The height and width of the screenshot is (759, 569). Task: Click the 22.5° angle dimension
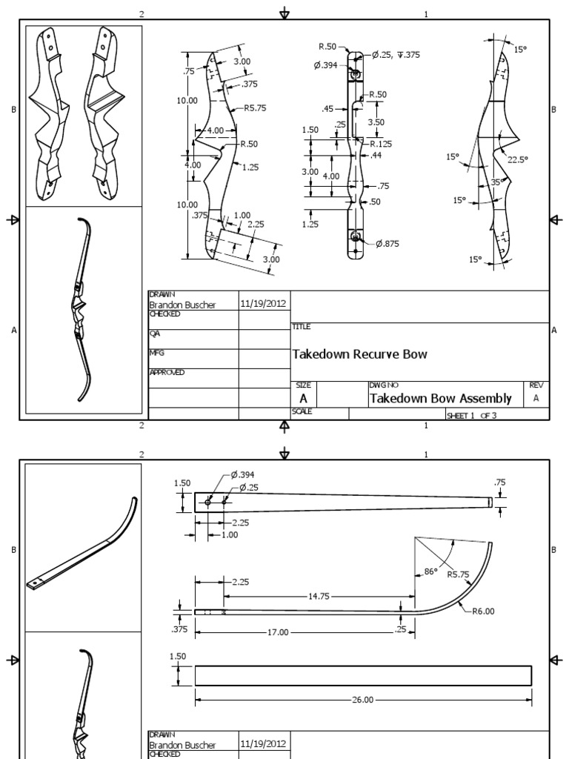pyautogui.click(x=516, y=159)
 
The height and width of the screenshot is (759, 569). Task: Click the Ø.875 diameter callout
pyautogui.click(x=388, y=245)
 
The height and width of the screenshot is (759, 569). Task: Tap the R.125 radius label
pyautogui.click(x=380, y=144)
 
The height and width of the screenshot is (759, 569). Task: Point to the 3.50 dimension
pyautogui.click(x=376, y=122)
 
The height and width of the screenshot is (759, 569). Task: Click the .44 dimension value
pyautogui.click(x=376, y=156)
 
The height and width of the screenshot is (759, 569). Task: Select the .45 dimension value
pyautogui.click(x=329, y=109)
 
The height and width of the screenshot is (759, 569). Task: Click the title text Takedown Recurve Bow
pyautogui.click(x=360, y=355)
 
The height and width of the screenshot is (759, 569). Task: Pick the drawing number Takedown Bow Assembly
pyautogui.click(x=441, y=399)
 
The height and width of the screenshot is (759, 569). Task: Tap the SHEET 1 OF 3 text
pyautogui.click(x=471, y=416)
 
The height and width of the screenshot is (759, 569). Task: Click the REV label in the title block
pyautogui.click(x=536, y=385)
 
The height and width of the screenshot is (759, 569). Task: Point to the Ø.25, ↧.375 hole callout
pyautogui.click(x=395, y=54)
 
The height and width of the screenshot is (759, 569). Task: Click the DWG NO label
pyautogui.click(x=379, y=385)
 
